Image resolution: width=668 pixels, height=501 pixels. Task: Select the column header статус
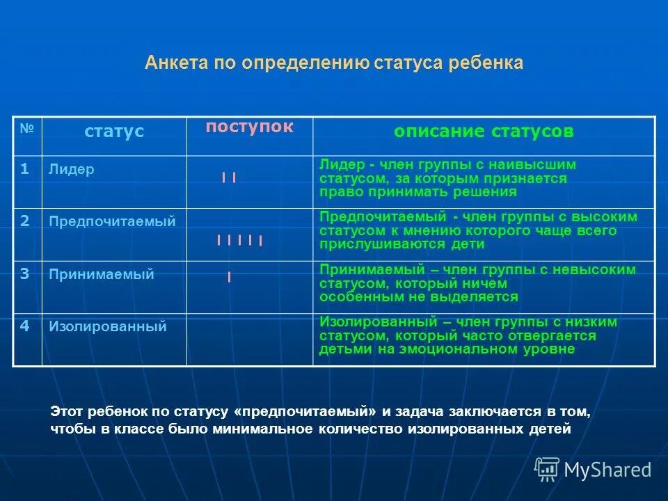(114, 132)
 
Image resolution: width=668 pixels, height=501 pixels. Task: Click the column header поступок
(249, 127)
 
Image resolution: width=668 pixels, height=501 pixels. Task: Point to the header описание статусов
(484, 132)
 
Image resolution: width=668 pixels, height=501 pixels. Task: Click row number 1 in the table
(24, 169)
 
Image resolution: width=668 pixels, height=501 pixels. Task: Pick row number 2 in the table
(24, 221)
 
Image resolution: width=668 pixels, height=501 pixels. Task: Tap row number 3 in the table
(24, 273)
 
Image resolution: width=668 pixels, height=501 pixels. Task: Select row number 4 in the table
(24, 326)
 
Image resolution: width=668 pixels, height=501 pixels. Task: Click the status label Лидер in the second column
(72, 170)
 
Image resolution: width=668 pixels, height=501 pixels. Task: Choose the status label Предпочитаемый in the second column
(112, 222)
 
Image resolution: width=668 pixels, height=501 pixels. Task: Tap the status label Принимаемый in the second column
(102, 274)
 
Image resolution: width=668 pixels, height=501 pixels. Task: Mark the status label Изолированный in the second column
(108, 326)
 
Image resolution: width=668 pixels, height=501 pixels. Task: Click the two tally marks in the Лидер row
(229, 178)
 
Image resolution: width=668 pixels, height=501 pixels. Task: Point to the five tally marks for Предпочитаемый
(239, 241)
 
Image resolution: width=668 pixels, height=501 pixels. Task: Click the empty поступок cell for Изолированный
(249, 340)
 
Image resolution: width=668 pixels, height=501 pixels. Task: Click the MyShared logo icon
(547, 469)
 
